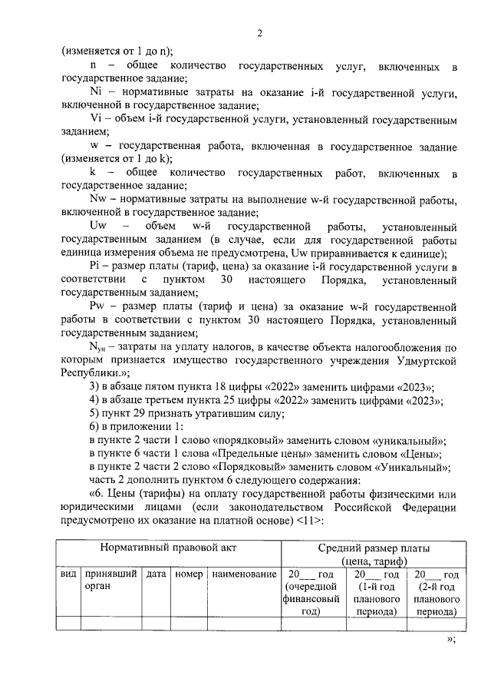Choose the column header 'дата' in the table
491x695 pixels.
pos(157,574)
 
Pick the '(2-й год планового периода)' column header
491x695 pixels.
pos(435,593)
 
